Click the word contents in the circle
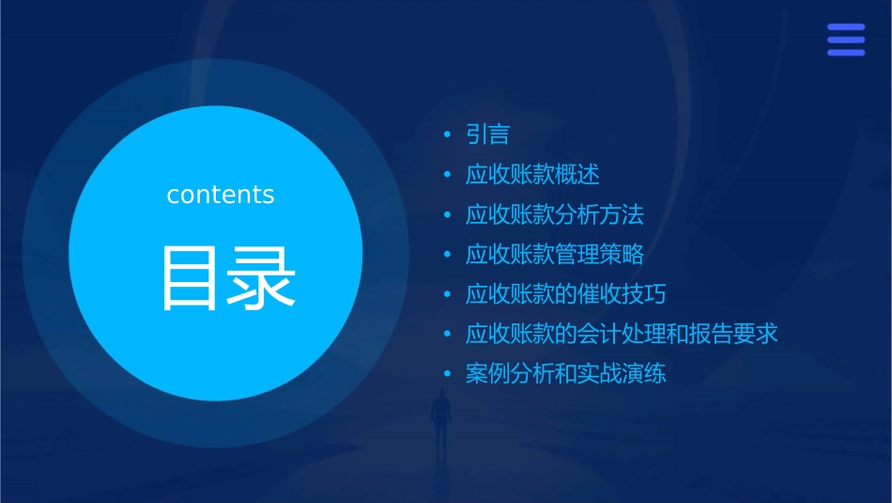(221, 195)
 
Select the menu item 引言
(487, 134)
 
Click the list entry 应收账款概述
(531, 175)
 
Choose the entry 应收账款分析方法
(554, 214)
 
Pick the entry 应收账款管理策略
(554, 254)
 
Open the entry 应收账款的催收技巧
(565, 294)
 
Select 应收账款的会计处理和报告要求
(622, 334)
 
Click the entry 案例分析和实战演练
(565, 373)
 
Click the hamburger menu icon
(846, 39)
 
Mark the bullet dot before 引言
(448, 135)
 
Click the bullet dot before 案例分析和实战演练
(448, 374)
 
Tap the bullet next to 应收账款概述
(448, 175)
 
